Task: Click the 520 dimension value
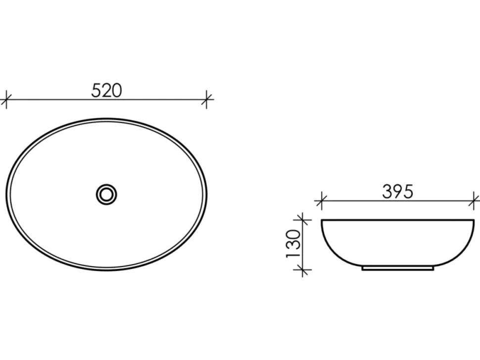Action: pyautogui.click(x=106, y=90)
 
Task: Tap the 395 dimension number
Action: pyautogui.click(x=398, y=192)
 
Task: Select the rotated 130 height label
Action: pyautogui.click(x=293, y=244)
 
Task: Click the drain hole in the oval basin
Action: pyautogui.click(x=106, y=194)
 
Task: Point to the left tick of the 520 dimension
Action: pyautogui.click(x=6, y=99)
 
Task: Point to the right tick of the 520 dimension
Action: pyautogui.click(x=207, y=99)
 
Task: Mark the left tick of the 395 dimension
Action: pyautogui.click(x=321, y=201)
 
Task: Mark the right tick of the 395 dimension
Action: pyautogui.click(x=474, y=201)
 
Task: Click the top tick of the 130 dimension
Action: pyautogui.click(x=303, y=220)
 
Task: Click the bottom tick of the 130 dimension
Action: pyautogui.click(x=303, y=270)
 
